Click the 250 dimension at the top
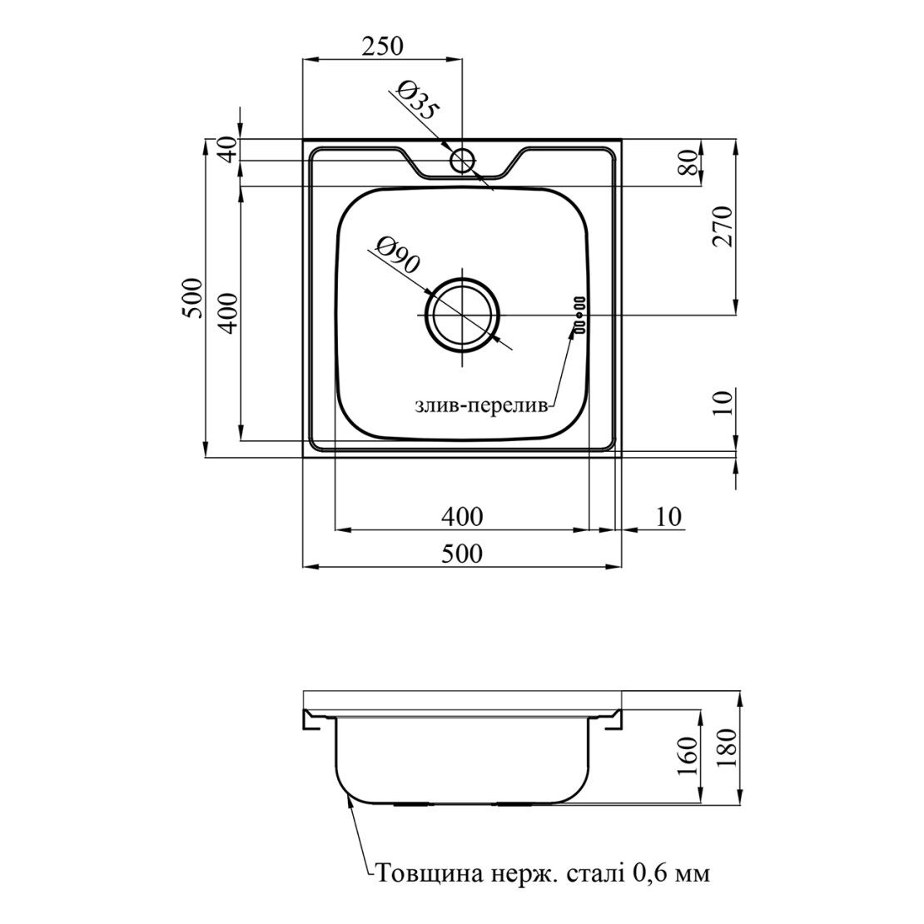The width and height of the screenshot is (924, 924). tap(382, 46)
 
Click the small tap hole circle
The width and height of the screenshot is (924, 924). tap(463, 160)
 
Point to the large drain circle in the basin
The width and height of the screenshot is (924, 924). tap(463, 315)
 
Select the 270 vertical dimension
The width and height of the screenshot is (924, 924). tap(723, 226)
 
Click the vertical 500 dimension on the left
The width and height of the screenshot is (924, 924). tap(192, 297)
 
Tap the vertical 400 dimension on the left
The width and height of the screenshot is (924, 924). tap(229, 313)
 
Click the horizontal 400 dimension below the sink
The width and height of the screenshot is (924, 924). tap(462, 517)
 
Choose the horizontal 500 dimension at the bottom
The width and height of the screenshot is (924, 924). tap(462, 554)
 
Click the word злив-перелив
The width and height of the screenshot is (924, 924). tap(481, 406)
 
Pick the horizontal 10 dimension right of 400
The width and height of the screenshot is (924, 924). tap(668, 517)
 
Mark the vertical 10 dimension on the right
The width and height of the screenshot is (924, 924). tap(723, 403)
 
